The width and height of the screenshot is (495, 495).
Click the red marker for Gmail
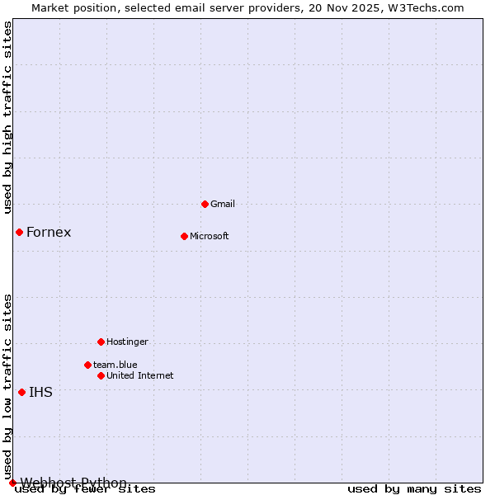(205, 204)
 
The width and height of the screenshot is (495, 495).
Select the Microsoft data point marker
(184, 236)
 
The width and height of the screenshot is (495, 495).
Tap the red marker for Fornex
(19, 232)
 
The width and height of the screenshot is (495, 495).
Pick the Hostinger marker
(101, 342)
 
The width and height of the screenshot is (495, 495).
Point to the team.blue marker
(87, 365)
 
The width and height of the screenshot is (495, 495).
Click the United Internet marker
(101, 375)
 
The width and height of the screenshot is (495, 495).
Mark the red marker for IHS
(21, 392)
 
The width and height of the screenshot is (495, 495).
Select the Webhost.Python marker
(12, 483)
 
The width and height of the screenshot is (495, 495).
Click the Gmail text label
(223, 204)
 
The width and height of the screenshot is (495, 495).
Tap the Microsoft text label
(209, 236)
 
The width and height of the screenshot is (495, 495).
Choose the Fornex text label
(49, 232)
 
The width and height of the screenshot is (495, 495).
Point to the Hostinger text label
(127, 342)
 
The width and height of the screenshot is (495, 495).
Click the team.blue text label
(115, 365)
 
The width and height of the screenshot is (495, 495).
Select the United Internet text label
(139, 375)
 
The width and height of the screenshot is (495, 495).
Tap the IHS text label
(40, 392)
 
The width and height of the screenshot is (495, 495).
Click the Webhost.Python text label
(73, 483)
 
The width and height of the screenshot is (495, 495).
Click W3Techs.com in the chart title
(426, 7)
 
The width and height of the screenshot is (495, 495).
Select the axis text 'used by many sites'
(414, 489)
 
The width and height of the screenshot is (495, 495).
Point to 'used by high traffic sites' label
(7, 116)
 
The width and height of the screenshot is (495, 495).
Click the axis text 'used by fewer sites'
(85, 489)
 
